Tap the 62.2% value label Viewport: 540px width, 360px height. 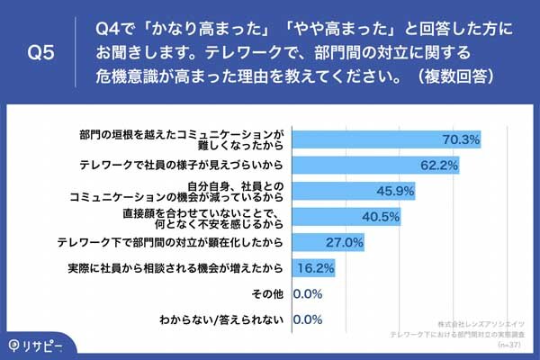(438, 166)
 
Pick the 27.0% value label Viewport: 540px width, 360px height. (345, 242)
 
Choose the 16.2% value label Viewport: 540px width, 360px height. (317, 267)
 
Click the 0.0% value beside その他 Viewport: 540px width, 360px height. (308, 293)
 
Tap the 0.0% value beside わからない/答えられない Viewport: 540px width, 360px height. (308, 319)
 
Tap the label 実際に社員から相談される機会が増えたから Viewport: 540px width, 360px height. (176, 267)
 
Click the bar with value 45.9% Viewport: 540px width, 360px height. (334, 191)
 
